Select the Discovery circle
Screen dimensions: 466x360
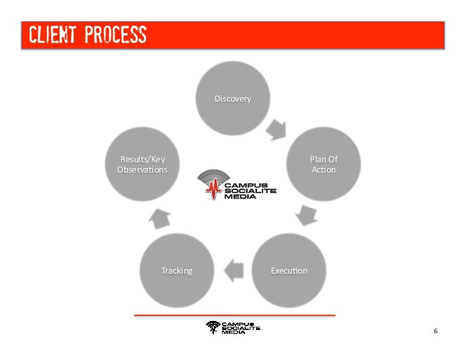[x=232, y=99]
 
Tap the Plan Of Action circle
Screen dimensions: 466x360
[x=323, y=164]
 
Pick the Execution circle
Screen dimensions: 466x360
[x=289, y=270]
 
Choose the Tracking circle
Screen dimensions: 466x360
[x=177, y=270]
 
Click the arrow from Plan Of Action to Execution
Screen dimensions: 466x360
[x=307, y=215]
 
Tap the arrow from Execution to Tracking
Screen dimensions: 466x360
[x=234, y=270]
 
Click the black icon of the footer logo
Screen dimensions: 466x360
[x=213, y=328]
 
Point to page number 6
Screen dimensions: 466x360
[x=435, y=331]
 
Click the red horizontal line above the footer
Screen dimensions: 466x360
[x=234, y=315]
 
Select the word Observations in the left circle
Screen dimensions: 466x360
[x=142, y=170]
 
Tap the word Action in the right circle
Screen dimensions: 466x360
[x=323, y=170]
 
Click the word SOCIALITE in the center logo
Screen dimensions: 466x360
[x=250, y=191]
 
